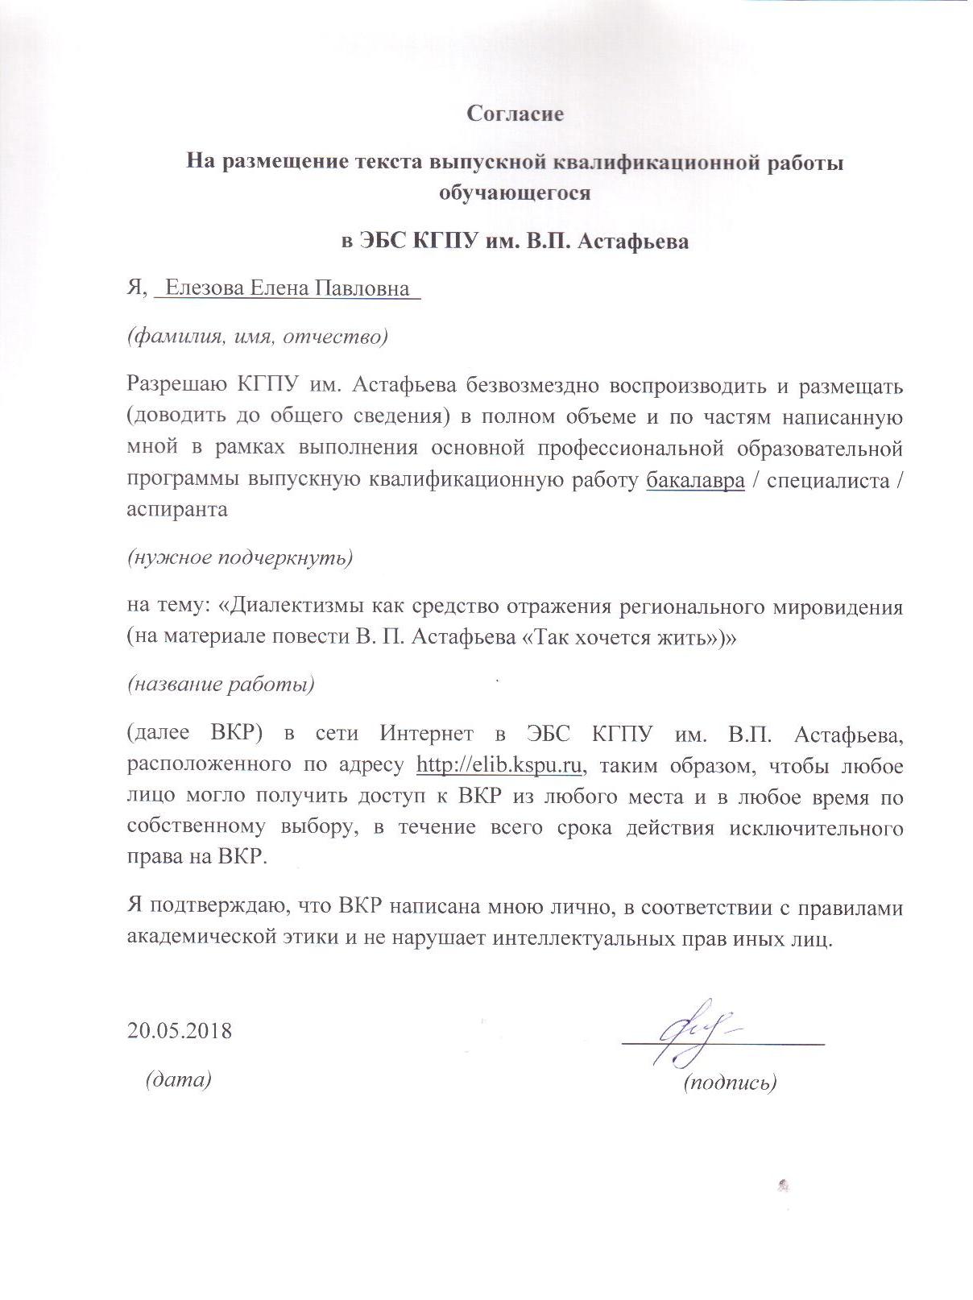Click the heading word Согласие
coord(515,114)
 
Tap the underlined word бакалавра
coord(695,481)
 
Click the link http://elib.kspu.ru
coord(499,765)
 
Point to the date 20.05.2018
coord(179,1030)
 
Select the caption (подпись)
coord(730,1083)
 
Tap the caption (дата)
coord(178,1079)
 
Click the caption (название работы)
coord(221,685)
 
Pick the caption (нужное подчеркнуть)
coord(240,557)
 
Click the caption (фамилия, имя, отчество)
coord(258,337)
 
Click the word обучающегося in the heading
coord(515,193)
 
